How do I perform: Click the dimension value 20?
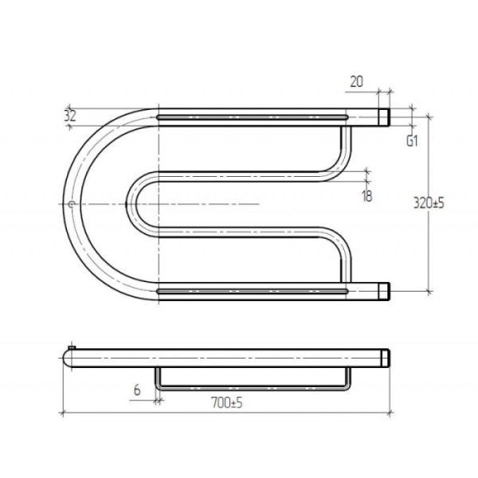click(356, 82)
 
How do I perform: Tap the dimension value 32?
click(70, 116)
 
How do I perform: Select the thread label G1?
click(412, 141)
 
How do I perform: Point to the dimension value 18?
click(367, 196)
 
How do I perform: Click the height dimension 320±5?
click(429, 202)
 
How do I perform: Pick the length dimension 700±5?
click(227, 403)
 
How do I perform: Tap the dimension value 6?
click(137, 390)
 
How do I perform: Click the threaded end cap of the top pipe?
click(384, 117)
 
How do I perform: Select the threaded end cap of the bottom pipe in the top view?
click(384, 292)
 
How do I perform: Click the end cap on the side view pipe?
click(386, 358)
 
